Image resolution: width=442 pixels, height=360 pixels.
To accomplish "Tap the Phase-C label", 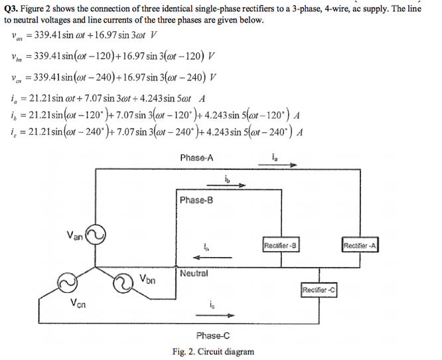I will (214, 335).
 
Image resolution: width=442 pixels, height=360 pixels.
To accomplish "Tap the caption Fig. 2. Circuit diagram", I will (212, 351).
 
